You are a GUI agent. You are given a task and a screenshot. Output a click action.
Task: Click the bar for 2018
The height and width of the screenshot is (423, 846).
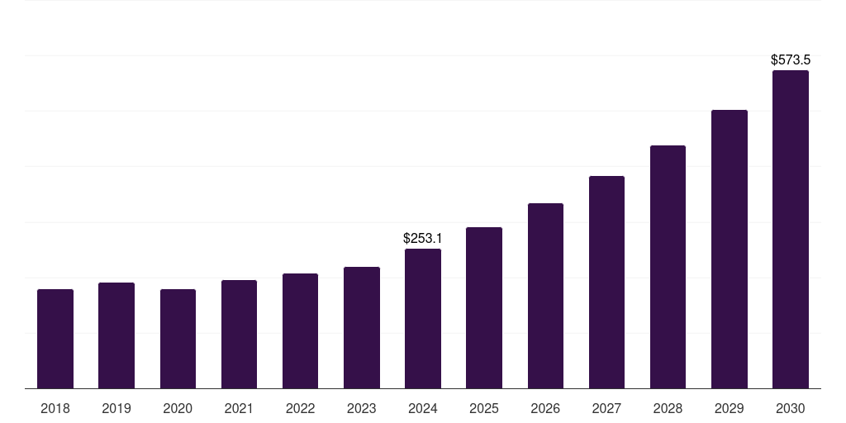pyautogui.click(x=55, y=339)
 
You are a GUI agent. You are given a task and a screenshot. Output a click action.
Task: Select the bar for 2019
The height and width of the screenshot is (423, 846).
pyautogui.click(x=116, y=335)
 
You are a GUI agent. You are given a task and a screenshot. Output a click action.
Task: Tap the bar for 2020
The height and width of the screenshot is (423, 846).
pyautogui.click(x=178, y=339)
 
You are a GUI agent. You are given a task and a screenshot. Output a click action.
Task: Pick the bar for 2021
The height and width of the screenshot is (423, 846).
pyautogui.click(x=239, y=335)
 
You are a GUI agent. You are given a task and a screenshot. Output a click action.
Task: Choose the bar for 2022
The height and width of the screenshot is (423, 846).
pyautogui.click(x=300, y=331)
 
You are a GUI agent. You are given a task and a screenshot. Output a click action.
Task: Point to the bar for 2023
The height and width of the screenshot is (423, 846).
pyautogui.click(x=362, y=328)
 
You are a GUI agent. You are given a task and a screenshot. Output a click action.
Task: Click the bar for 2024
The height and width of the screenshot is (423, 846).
pyautogui.click(x=423, y=319)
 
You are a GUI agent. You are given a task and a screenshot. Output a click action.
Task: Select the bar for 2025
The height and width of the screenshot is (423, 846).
pyautogui.click(x=484, y=308)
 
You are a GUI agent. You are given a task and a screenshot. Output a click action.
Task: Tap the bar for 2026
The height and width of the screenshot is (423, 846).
pyautogui.click(x=545, y=296)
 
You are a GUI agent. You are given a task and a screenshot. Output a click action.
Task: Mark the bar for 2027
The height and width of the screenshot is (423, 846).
pyautogui.click(x=606, y=283)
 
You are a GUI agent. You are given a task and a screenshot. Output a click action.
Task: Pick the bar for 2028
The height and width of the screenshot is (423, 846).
pyautogui.click(x=668, y=267)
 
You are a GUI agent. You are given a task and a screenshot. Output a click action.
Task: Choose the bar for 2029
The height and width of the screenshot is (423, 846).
pyautogui.click(x=730, y=250)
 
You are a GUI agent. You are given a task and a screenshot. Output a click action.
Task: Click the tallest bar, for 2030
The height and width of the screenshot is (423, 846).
pyautogui.click(x=791, y=230)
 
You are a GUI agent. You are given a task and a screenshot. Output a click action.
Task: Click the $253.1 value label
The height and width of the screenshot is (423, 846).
pyautogui.click(x=423, y=238)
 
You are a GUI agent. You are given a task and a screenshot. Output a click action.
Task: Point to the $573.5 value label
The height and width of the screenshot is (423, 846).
pyautogui.click(x=791, y=59)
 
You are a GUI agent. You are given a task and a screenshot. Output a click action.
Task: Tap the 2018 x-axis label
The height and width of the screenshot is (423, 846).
pyautogui.click(x=55, y=408)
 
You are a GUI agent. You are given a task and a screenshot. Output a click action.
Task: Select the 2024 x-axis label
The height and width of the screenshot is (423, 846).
pyautogui.click(x=423, y=408)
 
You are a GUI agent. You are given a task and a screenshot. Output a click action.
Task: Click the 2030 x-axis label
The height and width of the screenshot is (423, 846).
pyautogui.click(x=791, y=408)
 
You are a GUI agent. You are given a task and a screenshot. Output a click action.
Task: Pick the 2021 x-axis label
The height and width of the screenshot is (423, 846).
pyautogui.click(x=239, y=408)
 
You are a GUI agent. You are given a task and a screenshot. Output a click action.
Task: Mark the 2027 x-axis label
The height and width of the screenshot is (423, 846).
pyautogui.click(x=606, y=408)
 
